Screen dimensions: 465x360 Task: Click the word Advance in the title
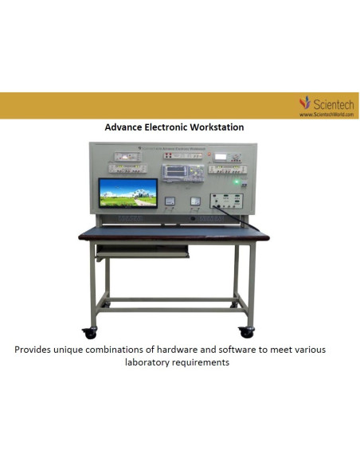(x=124, y=127)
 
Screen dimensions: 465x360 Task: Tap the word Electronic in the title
(x=167, y=127)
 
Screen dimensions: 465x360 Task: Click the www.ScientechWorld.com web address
(x=325, y=114)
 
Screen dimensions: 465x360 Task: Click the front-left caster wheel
(x=88, y=332)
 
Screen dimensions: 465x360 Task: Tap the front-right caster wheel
(x=247, y=331)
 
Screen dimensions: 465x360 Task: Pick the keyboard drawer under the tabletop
(x=143, y=249)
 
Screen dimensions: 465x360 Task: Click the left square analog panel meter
(x=169, y=202)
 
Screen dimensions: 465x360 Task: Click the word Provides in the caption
(x=35, y=350)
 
